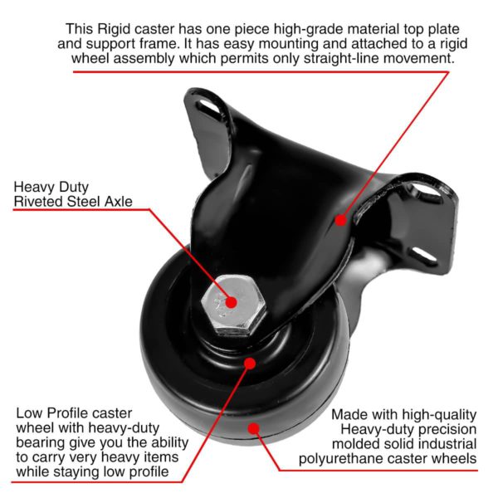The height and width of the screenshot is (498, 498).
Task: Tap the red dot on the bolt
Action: [x=232, y=302]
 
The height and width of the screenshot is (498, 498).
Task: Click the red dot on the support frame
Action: [x=341, y=220]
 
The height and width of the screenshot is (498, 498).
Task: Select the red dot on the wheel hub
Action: [x=251, y=364]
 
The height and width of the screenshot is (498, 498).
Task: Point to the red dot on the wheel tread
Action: [x=253, y=429]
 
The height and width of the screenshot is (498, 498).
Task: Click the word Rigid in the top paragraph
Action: [x=114, y=29]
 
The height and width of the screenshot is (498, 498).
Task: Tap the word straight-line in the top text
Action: [x=342, y=58]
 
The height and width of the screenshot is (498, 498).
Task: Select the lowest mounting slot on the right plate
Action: [x=422, y=255]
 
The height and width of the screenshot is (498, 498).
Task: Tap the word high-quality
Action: [x=439, y=415]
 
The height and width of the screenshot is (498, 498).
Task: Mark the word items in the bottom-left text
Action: [x=159, y=457]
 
